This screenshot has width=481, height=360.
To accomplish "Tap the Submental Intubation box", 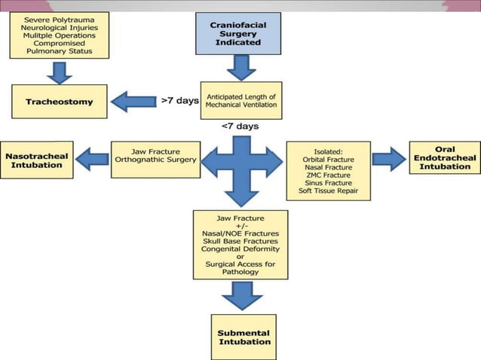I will (243, 337).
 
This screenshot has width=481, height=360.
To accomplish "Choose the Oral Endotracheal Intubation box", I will (445, 157).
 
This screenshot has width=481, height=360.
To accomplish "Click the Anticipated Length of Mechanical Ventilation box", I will (240, 100).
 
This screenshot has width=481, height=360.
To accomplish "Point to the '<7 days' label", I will (240, 126).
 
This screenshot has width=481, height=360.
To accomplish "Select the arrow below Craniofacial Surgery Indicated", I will (241, 66).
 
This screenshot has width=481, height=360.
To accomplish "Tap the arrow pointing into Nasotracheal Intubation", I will (91, 159).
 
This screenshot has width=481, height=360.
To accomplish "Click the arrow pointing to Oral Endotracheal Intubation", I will (388, 158).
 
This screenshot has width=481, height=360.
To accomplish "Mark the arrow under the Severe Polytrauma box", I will (58, 72).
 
